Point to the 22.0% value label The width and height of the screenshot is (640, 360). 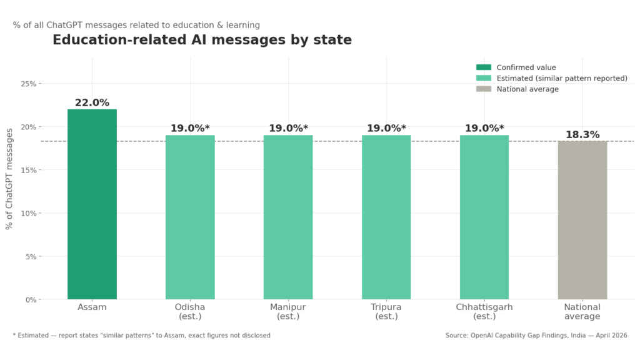pos(92,102)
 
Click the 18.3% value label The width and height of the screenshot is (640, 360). pos(582,134)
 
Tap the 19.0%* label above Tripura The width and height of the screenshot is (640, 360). pos(386,128)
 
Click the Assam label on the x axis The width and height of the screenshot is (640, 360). pos(92,307)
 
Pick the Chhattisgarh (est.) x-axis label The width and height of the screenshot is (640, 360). pos(484,312)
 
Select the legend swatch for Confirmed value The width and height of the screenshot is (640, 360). pos(484,67)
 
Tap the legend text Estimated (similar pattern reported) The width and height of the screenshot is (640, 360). pos(562,78)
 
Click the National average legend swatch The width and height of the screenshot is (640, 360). pos(484,89)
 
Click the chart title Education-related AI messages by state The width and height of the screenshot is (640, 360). pos(202,40)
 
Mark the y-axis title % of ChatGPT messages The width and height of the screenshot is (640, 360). pos(9,179)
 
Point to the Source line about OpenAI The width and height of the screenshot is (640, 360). pos(536,336)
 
